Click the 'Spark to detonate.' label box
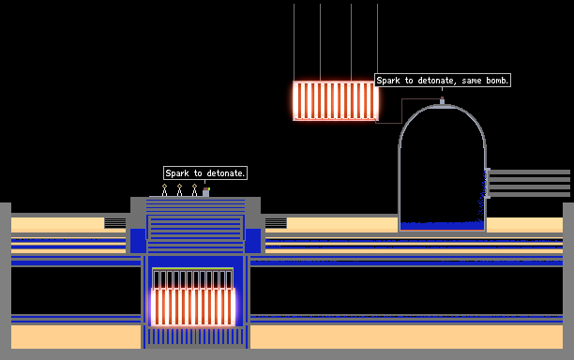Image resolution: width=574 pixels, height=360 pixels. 205,173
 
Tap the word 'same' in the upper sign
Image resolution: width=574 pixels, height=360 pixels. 472,81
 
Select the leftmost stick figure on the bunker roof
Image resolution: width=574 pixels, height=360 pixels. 164,190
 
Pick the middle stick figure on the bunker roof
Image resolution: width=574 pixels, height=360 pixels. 179,190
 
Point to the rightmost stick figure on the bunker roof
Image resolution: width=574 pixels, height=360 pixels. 194,190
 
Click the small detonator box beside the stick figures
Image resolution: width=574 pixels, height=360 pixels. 206,192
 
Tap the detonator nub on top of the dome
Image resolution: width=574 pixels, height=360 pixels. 442,100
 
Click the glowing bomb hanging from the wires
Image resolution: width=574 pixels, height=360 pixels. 336,100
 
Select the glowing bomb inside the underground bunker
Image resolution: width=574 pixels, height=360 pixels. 193,307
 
